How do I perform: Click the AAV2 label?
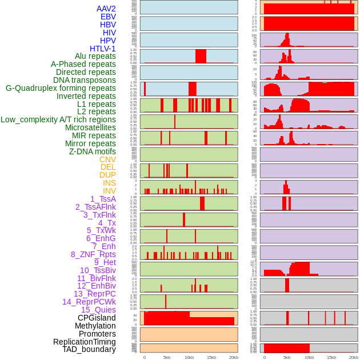pyautogui.click(x=106, y=9)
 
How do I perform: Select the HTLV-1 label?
pyautogui.click(x=103, y=49)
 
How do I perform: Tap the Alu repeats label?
pyautogui.click(x=95, y=57)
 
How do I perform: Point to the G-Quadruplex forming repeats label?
pyautogui.click(x=61, y=89)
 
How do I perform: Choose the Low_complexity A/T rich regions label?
pyautogui.click(x=58, y=119)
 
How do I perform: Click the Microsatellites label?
pyautogui.click(x=90, y=127)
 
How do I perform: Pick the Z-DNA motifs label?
pyautogui.click(x=93, y=151)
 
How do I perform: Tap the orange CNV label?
pyautogui.click(x=107, y=159)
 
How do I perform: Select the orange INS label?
pyautogui.click(x=109, y=183)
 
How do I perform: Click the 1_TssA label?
pyautogui.click(x=103, y=199)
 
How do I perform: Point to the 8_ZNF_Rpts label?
pyautogui.click(x=93, y=254)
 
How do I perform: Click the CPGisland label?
pyautogui.click(x=97, y=318)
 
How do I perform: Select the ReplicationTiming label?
pyautogui.click(x=85, y=342)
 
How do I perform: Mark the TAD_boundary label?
pyautogui.click(x=89, y=349)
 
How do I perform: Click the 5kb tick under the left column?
pyautogui.click(x=167, y=357)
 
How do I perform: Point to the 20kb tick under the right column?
pyautogui.click(x=354, y=357)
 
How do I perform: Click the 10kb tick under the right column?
pyautogui.click(x=309, y=357)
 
